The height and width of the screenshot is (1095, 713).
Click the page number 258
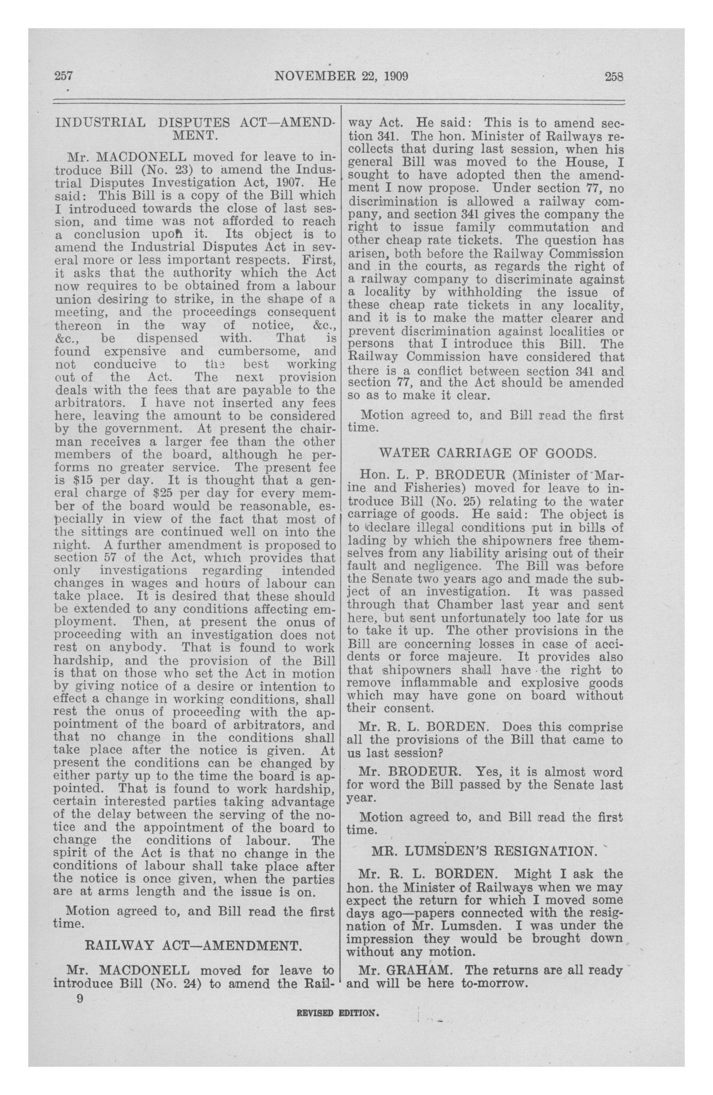click(x=614, y=76)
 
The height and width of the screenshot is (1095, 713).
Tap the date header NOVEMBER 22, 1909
click(x=341, y=76)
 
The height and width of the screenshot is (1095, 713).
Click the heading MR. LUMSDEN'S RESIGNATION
click(x=484, y=851)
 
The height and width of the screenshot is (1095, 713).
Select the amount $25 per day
click(x=182, y=493)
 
